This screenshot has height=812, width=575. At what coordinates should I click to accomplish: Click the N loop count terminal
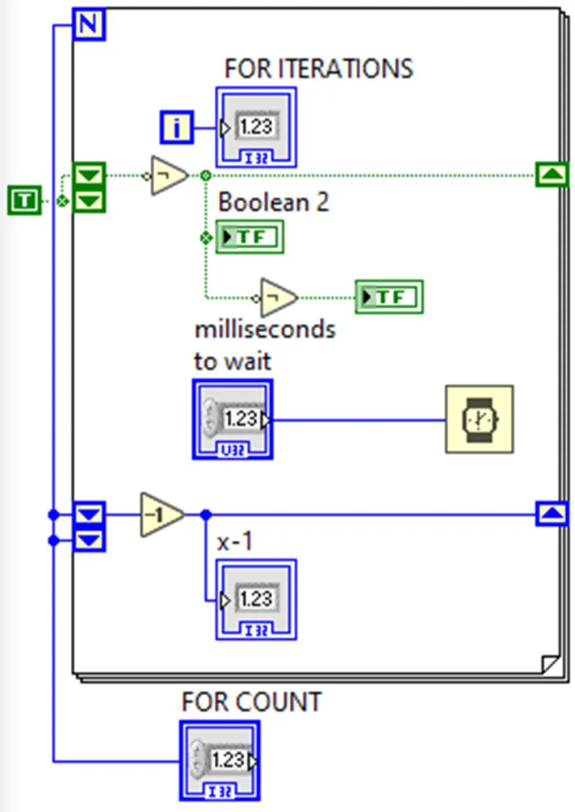[x=89, y=25]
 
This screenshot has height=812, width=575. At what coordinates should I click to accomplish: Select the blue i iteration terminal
[x=177, y=128]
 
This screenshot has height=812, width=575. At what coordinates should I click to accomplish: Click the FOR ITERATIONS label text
[x=318, y=69]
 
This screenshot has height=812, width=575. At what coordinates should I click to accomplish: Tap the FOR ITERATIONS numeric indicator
[x=255, y=128]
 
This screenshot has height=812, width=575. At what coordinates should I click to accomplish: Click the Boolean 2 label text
[x=273, y=202]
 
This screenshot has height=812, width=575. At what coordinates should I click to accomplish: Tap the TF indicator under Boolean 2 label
[x=250, y=238]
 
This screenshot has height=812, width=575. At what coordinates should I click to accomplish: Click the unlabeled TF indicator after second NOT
[x=389, y=298]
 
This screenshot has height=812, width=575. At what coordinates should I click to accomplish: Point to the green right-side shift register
[x=552, y=175]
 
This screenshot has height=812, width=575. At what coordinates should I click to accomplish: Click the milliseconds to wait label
[x=264, y=345]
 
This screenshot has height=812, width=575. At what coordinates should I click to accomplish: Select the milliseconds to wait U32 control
[x=233, y=419]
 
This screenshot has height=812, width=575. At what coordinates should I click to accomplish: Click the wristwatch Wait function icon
[x=480, y=419]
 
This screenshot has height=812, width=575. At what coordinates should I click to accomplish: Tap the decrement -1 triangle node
[x=161, y=513]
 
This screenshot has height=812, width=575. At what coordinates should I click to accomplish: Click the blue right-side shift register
[x=552, y=513]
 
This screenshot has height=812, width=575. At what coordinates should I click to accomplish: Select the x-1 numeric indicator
[x=255, y=600]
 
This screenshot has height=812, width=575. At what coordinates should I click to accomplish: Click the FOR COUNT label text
[x=251, y=702]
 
